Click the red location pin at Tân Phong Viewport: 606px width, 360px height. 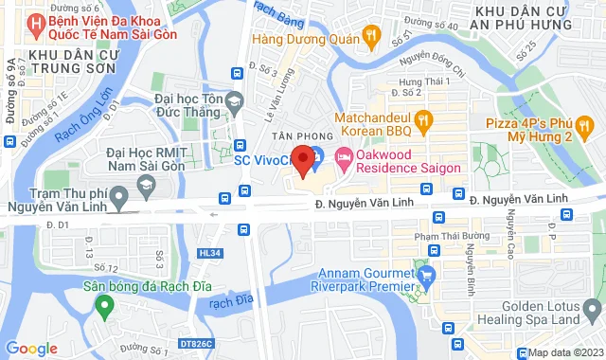click(x=303, y=160)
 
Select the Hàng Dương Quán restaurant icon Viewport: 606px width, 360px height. click(x=372, y=40)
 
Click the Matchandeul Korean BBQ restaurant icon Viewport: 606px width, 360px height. click(x=423, y=120)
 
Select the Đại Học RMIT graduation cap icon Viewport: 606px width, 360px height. click(x=147, y=190)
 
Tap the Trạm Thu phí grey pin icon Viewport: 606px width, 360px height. click(x=118, y=199)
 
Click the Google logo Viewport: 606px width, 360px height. click(x=31, y=348)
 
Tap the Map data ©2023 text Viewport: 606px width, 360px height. click(x=565, y=352)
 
